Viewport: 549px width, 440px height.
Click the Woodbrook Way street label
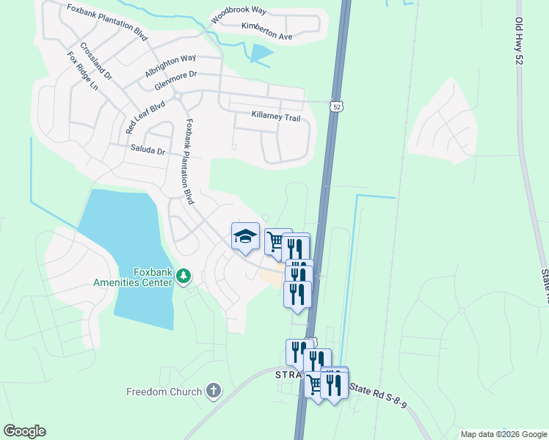point(238,13)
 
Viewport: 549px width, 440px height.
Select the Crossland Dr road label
point(96,61)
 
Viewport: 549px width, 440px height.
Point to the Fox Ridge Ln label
point(82,70)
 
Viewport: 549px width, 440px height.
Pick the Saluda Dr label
point(148,150)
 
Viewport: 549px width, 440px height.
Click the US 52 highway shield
point(336,106)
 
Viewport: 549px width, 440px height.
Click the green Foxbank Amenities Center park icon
point(183,276)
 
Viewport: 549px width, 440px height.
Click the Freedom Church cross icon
point(214,391)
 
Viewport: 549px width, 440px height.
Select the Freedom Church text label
point(164,392)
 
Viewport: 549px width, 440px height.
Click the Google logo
point(24,431)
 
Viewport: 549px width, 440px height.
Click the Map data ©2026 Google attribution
point(503,434)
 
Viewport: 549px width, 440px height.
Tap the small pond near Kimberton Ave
point(261,52)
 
